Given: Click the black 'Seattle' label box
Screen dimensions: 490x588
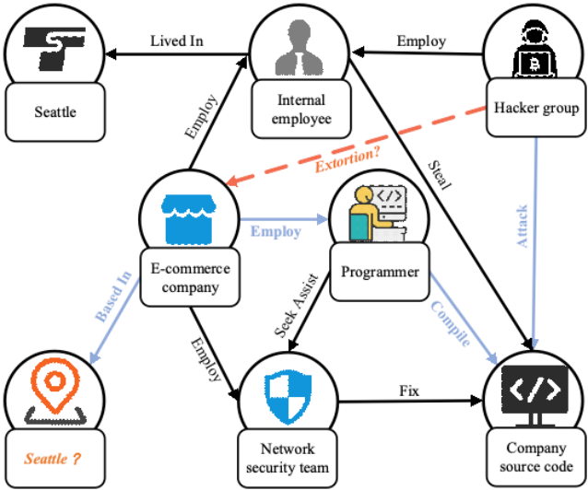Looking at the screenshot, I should (55, 112).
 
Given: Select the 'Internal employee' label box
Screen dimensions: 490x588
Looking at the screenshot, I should (301, 110).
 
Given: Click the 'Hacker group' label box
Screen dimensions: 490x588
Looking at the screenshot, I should (536, 109).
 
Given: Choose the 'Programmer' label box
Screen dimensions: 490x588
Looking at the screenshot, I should (380, 272).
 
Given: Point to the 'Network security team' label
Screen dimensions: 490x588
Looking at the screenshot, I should (288, 458).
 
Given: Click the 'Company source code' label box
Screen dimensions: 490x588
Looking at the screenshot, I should (536, 457).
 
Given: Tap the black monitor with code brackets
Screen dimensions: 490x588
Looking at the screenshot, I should (536, 395).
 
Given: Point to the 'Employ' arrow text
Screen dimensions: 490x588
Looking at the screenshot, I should (276, 231).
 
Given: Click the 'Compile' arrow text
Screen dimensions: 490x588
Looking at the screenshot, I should (451, 323).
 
